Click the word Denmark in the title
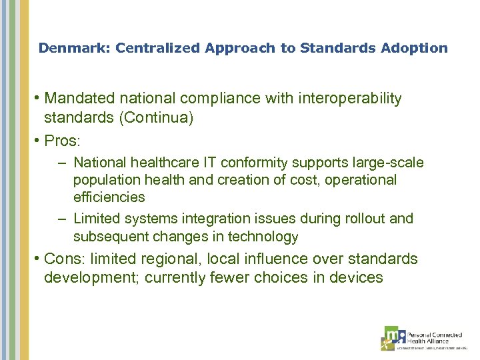pyautogui.click(x=63, y=48)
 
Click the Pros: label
pyautogui.click(x=62, y=141)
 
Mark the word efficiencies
pyautogui.click(x=109, y=197)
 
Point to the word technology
pyautogui.click(x=263, y=236)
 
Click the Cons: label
pyautogui.click(x=64, y=259)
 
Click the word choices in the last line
pyautogui.click(x=273, y=277)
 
